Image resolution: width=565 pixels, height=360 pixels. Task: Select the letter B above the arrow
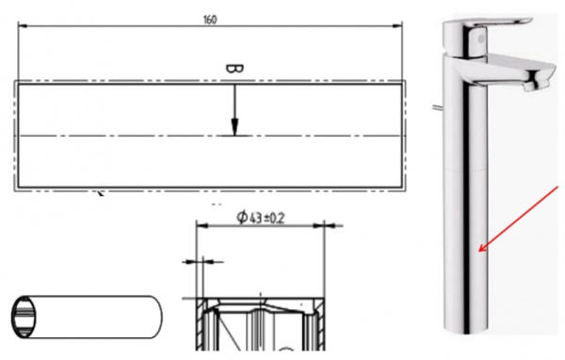[x=234, y=69]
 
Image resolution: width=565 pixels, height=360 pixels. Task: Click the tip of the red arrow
[x=481, y=253]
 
